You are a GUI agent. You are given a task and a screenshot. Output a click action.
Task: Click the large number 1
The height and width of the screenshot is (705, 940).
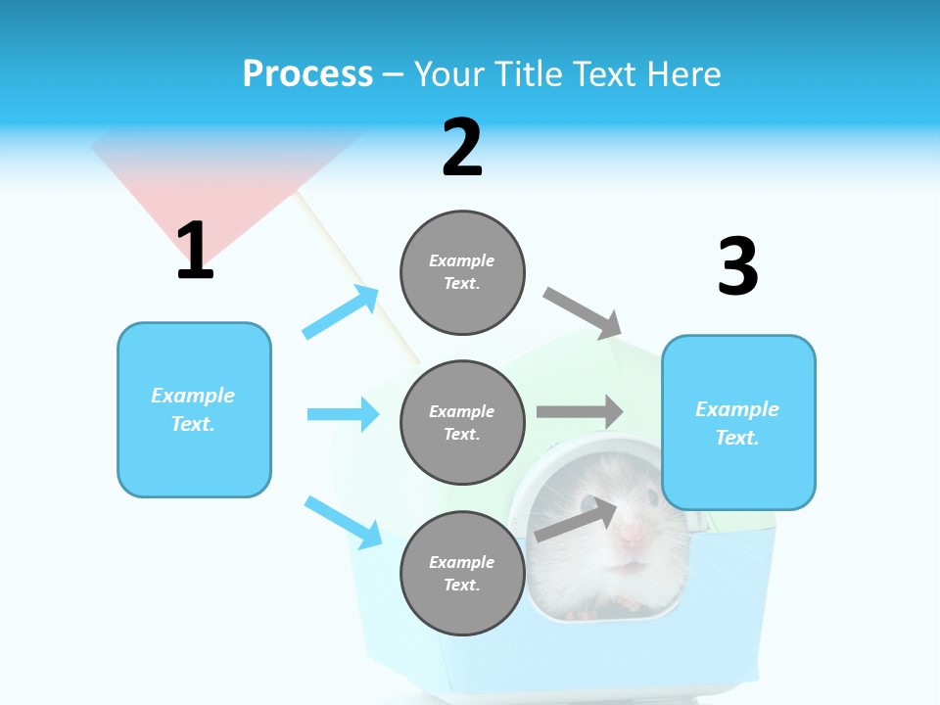[x=195, y=252]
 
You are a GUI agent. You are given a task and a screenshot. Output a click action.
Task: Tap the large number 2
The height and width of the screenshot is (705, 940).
[x=462, y=148]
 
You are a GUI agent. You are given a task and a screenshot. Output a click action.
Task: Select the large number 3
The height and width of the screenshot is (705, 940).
[x=737, y=267]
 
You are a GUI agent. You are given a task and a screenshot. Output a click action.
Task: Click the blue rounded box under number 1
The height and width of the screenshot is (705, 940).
[x=194, y=409]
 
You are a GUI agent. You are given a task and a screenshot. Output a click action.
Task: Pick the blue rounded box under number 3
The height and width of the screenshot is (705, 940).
[x=738, y=423]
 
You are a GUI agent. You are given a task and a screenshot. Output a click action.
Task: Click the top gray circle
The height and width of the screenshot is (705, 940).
[x=462, y=272]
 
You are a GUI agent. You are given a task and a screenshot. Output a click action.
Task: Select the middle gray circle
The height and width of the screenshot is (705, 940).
[x=462, y=422]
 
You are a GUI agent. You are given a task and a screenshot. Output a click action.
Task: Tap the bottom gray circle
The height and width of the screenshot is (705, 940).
[x=462, y=573]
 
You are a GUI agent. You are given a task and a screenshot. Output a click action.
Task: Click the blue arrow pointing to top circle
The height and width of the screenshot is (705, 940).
[x=341, y=311]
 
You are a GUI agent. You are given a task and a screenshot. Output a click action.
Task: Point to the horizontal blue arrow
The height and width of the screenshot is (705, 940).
[x=343, y=414]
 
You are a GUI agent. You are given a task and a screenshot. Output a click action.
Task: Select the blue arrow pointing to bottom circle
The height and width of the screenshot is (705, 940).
[x=343, y=522]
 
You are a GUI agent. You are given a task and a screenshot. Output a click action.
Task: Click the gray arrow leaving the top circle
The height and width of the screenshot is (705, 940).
[x=583, y=310]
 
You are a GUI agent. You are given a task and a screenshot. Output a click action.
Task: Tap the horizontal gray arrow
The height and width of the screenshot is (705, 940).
[x=580, y=412]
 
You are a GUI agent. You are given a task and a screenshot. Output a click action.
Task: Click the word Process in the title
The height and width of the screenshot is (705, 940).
[x=307, y=73]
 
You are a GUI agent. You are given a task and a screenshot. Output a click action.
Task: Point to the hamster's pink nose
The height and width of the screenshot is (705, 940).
[x=632, y=534]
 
